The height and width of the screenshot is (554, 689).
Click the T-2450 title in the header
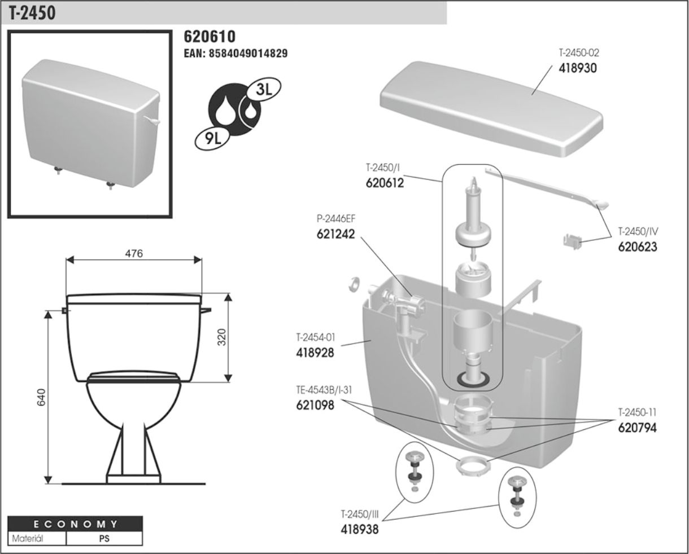pyautogui.click(x=32, y=13)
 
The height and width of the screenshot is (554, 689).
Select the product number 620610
pyautogui.click(x=210, y=37)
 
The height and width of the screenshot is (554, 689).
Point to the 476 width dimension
pyautogui.click(x=134, y=254)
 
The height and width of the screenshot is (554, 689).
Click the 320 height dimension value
pyautogui.click(x=221, y=337)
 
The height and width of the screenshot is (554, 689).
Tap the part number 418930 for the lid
pyautogui.click(x=578, y=68)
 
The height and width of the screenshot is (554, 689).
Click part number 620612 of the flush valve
pyautogui.click(x=384, y=183)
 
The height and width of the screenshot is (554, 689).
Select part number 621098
pyautogui.click(x=315, y=404)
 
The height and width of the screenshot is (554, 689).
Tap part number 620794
pyautogui.click(x=637, y=428)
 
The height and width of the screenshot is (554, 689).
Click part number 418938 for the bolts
pyautogui.click(x=359, y=530)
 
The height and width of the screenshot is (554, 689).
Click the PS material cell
pyautogui.click(x=104, y=538)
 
